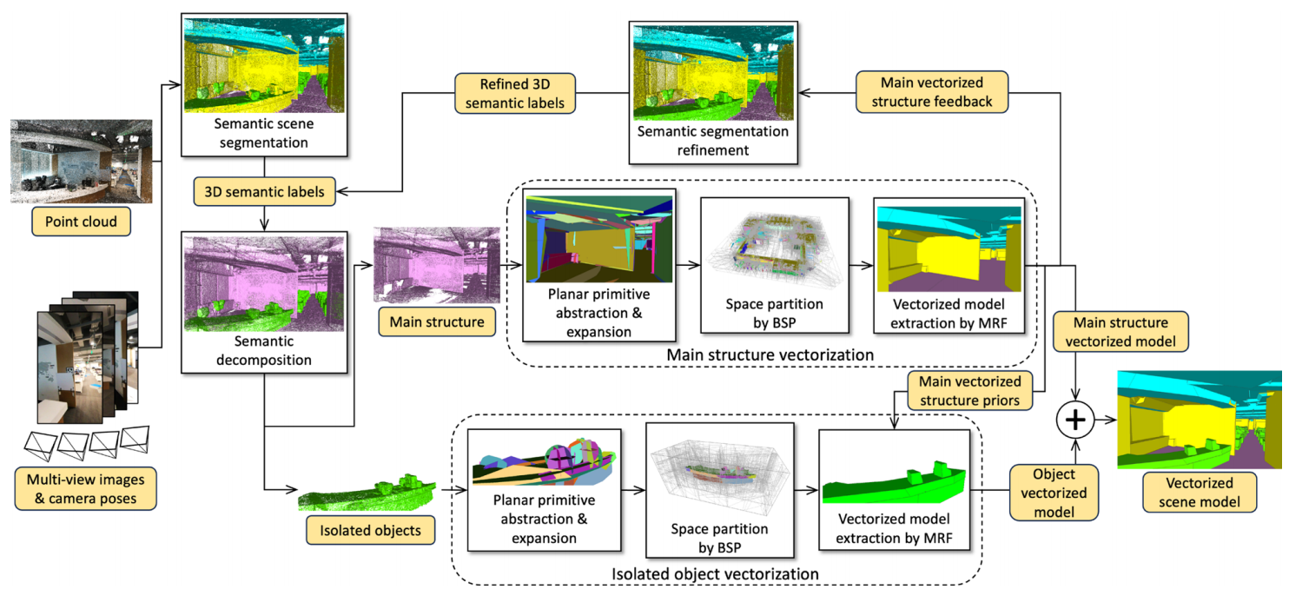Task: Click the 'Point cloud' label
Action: coord(83,222)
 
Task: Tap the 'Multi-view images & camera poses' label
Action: coord(85,489)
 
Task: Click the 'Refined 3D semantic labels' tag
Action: coord(515,93)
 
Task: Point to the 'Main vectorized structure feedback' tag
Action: coord(932,92)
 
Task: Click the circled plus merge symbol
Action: coord(1076,420)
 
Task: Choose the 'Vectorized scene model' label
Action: coord(1200,493)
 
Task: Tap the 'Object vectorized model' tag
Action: coord(1054,493)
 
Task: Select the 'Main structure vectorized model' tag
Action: coord(1120,332)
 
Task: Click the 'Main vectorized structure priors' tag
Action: coord(965,390)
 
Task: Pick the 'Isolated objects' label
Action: coord(371,530)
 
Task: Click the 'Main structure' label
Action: coord(437,322)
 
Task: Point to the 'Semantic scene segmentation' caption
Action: coord(263,133)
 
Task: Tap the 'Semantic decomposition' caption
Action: coord(263,350)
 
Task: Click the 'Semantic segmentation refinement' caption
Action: coord(713,141)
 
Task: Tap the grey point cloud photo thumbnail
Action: coord(82,162)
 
